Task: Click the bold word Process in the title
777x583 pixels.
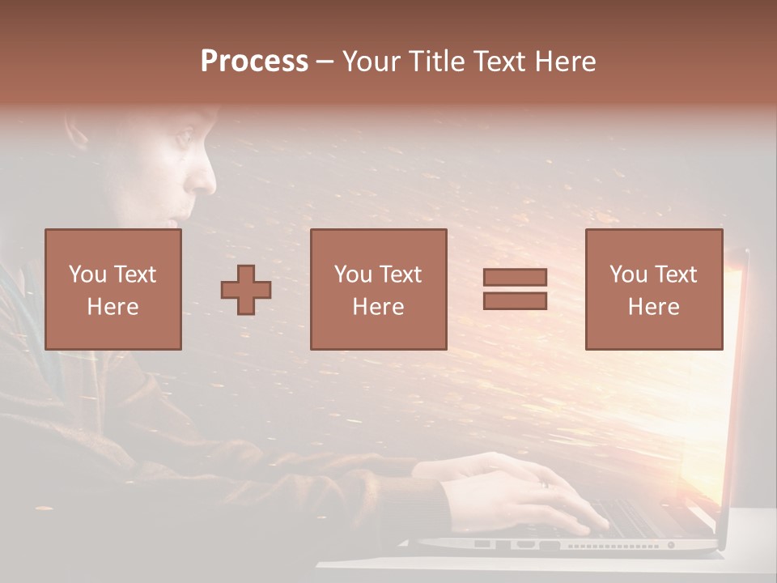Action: pyautogui.click(x=254, y=62)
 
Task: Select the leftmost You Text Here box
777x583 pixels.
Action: pyautogui.click(x=113, y=289)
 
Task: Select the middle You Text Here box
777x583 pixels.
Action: pyautogui.click(x=378, y=289)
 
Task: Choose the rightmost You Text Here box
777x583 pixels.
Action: pyautogui.click(x=653, y=289)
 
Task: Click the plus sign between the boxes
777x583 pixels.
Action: pyautogui.click(x=246, y=290)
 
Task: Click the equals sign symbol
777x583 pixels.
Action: pyautogui.click(x=515, y=289)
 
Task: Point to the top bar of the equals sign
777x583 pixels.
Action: pyautogui.click(x=515, y=278)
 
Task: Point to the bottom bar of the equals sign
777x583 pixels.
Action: pyautogui.click(x=515, y=300)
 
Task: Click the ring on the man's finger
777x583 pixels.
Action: pyautogui.click(x=544, y=483)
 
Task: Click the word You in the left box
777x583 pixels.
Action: pyautogui.click(x=86, y=274)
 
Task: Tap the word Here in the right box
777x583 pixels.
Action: pyautogui.click(x=653, y=307)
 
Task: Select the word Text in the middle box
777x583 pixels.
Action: pyautogui.click(x=401, y=274)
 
